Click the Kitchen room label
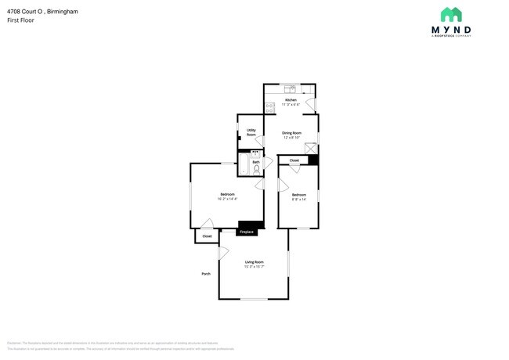click(291, 100)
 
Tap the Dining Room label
click(292, 133)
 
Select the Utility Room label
click(251, 132)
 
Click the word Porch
click(206, 273)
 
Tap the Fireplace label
click(246, 232)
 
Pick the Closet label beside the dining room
click(294, 160)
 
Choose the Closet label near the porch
click(207, 236)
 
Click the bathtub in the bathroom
click(243, 165)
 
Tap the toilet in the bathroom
click(256, 169)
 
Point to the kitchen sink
click(289, 86)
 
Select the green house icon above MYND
click(451, 14)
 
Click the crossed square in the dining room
click(311, 148)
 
